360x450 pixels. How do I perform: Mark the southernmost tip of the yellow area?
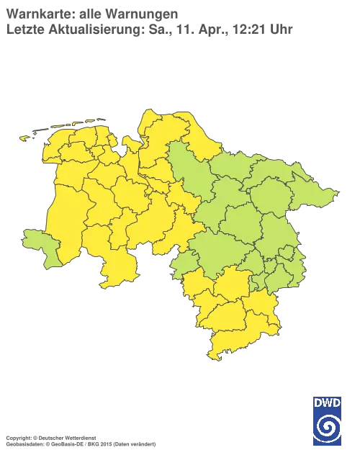[212, 359]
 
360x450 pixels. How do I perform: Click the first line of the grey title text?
[92, 12]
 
